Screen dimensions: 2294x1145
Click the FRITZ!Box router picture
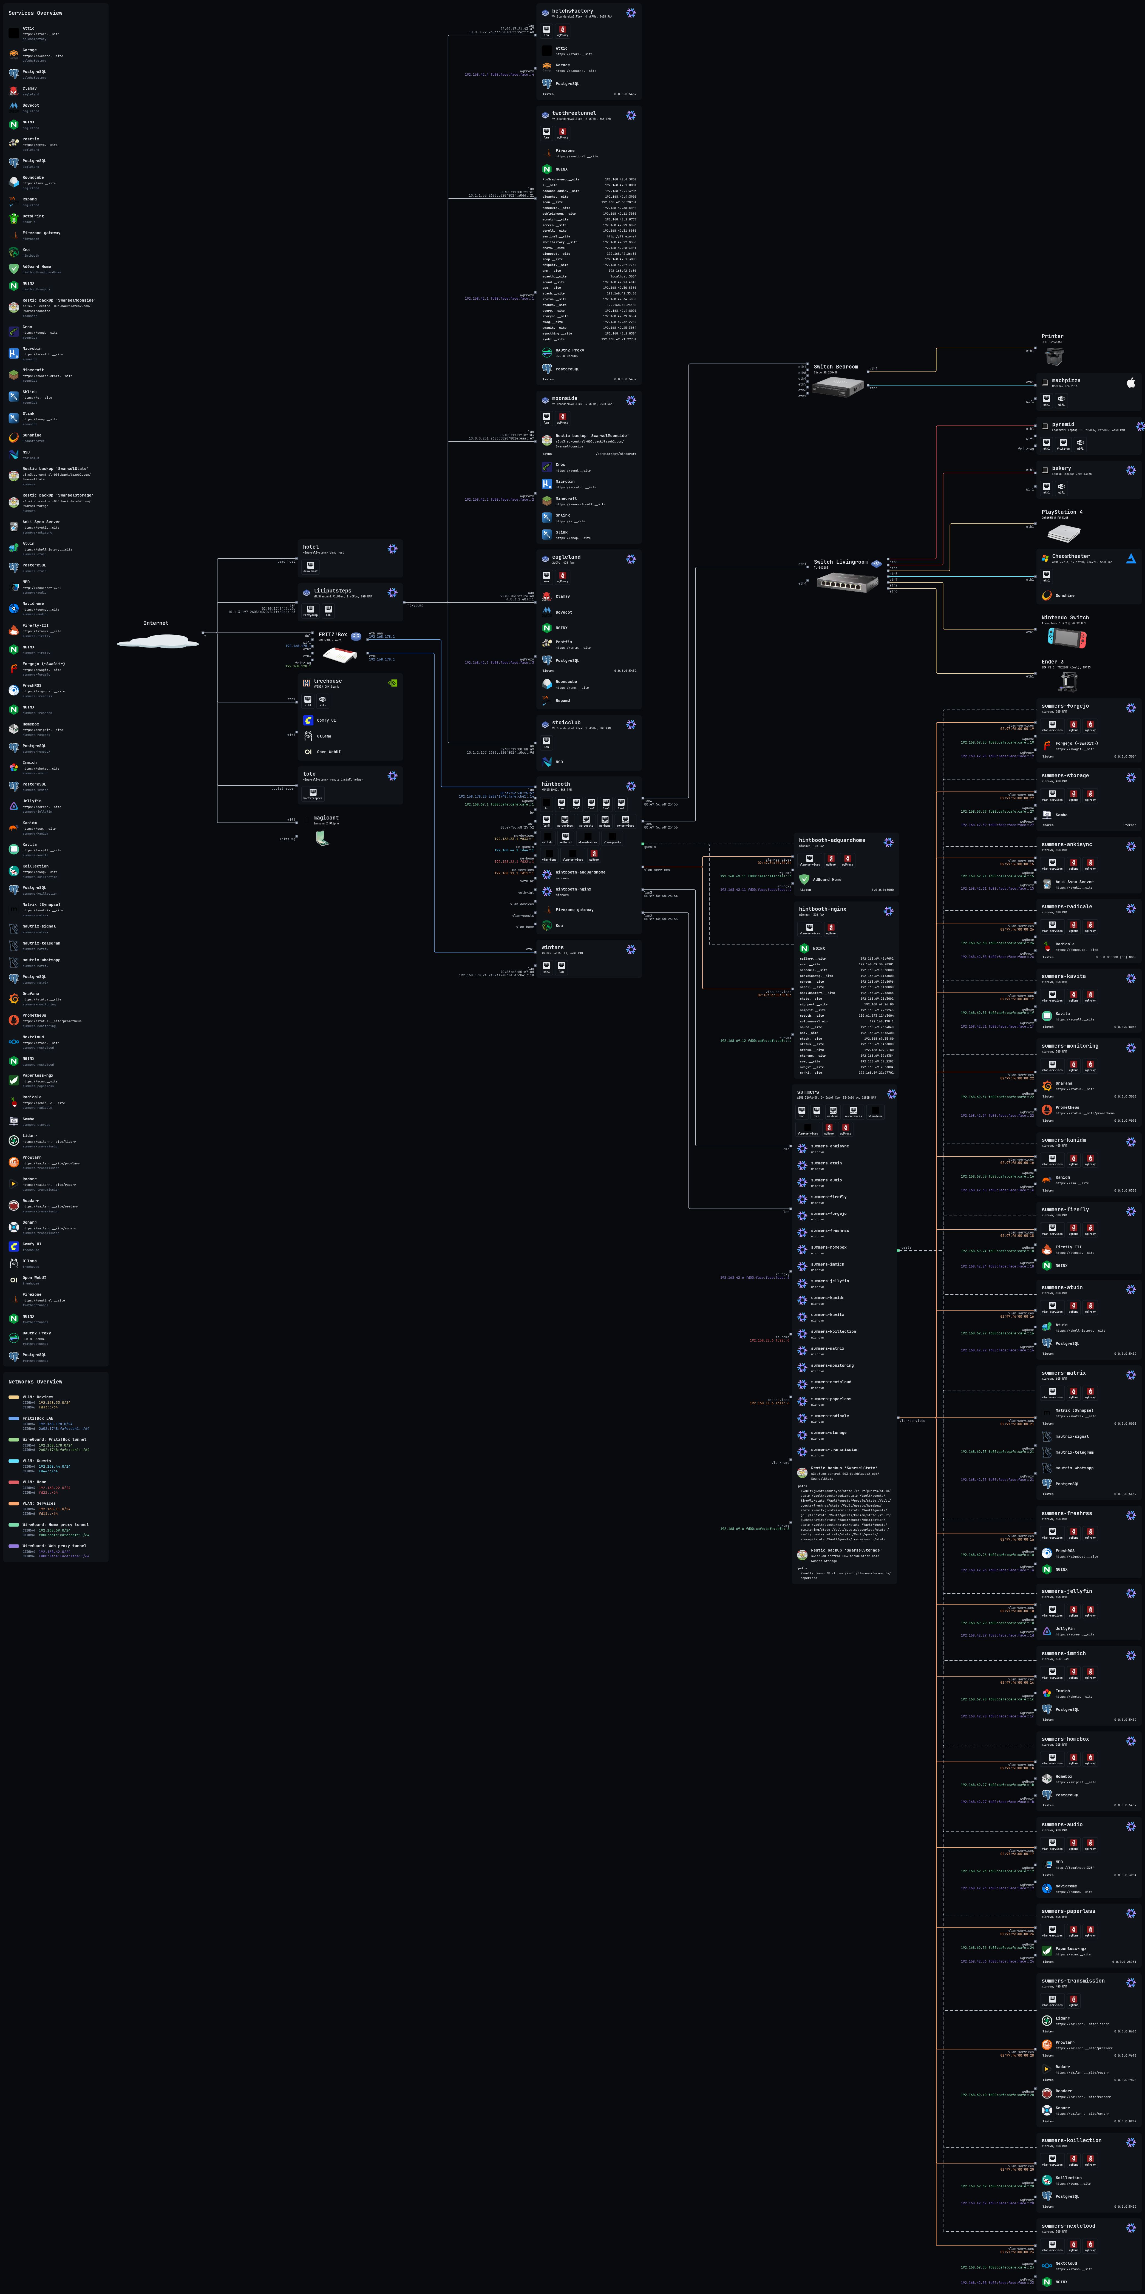click(339, 656)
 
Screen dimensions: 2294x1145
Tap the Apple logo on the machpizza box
click(1131, 383)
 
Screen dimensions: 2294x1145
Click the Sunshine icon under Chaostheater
click(1047, 596)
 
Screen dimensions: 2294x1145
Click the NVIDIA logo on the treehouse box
click(393, 683)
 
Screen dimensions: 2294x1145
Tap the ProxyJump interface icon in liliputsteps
click(310, 609)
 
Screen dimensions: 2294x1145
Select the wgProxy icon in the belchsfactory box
click(562, 29)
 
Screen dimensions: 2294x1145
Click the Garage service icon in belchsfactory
click(547, 67)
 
